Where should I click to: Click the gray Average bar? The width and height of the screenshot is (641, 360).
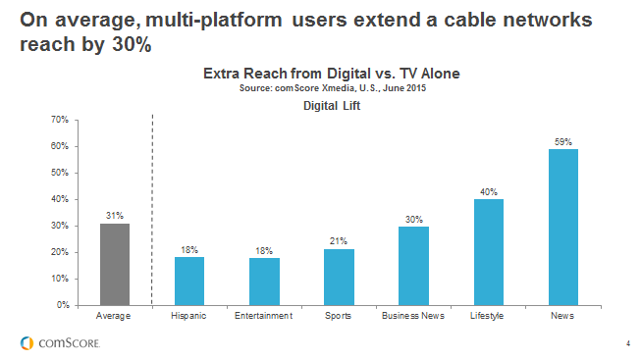tap(114, 264)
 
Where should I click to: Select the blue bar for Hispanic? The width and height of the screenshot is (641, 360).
tap(188, 281)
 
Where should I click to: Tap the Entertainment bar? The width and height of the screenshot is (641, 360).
tap(264, 281)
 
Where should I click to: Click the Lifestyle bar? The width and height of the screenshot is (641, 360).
tap(489, 251)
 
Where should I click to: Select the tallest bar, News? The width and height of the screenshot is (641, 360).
tap(563, 227)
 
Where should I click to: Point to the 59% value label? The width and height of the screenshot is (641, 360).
tap(563, 141)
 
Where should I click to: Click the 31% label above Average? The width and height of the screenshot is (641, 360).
tap(114, 215)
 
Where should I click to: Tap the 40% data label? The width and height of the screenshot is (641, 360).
tap(489, 191)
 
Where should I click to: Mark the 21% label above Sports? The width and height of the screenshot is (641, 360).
tap(339, 241)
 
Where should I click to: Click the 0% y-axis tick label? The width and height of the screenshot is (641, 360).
tap(61, 305)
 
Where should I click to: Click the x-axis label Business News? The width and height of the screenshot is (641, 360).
tap(413, 316)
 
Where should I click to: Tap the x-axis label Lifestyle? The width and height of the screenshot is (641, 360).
tap(489, 316)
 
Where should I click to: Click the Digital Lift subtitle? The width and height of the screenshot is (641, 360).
tap(331, 105)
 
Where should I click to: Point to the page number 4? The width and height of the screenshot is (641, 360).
tap(627, 342)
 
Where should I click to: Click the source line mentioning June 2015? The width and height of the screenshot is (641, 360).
tap(331, 88)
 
